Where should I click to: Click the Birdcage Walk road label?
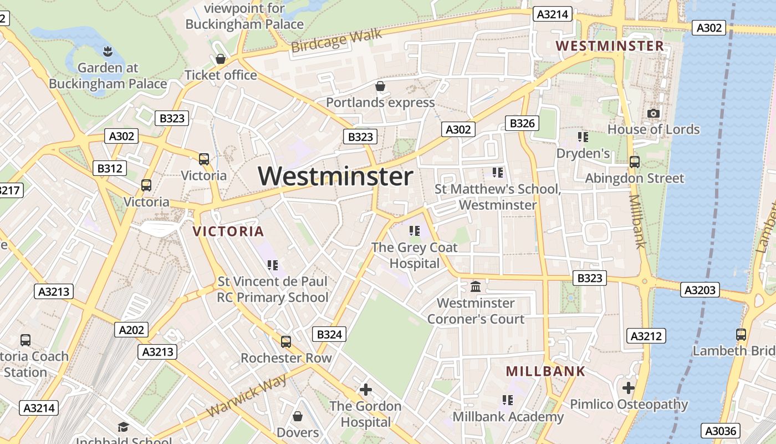click(336, 41)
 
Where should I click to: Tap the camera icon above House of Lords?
click(654, 113)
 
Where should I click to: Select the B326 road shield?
click(522, 123)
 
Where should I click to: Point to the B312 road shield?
click(109, 168)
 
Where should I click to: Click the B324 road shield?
click(329, 334)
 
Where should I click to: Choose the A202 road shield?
click(132, 330)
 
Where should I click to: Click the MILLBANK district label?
click(546, 371)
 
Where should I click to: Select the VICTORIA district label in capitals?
click(228, 231)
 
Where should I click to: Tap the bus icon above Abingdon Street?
click(635, 162)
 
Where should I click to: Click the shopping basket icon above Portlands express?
click(380, 86)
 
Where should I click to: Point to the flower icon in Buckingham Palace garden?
click(108, 52)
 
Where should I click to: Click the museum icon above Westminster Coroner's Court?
click(476, 287)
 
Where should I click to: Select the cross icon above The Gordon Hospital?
click(366, 390)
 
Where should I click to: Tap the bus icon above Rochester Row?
click(286, 341)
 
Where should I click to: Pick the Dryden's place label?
click(583, 153)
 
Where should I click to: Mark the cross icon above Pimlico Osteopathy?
click(628, 387)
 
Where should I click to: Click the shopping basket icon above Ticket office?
click(221, 59)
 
